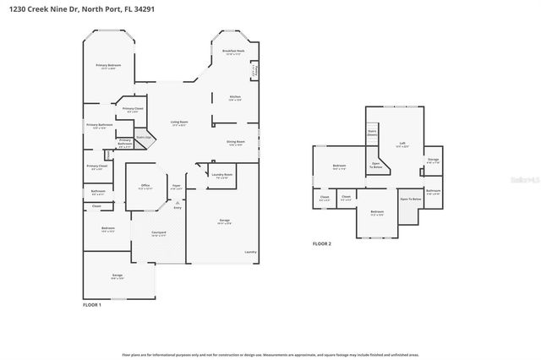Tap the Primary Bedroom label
(x=107, y=67)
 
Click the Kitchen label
(x=236, y=97)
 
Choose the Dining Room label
(x=236, y=142)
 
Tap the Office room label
(x=145, y=187)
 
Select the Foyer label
(x=177, y=187)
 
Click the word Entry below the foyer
(x=178, y=208)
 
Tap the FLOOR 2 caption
(x=321, y=243)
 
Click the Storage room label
(x=433, y=160)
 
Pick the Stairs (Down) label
(x=371, y=133)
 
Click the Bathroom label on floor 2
(x=433, y=192)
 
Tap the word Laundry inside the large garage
(x=249, y=252)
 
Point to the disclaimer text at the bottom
(x=270, y=355)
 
